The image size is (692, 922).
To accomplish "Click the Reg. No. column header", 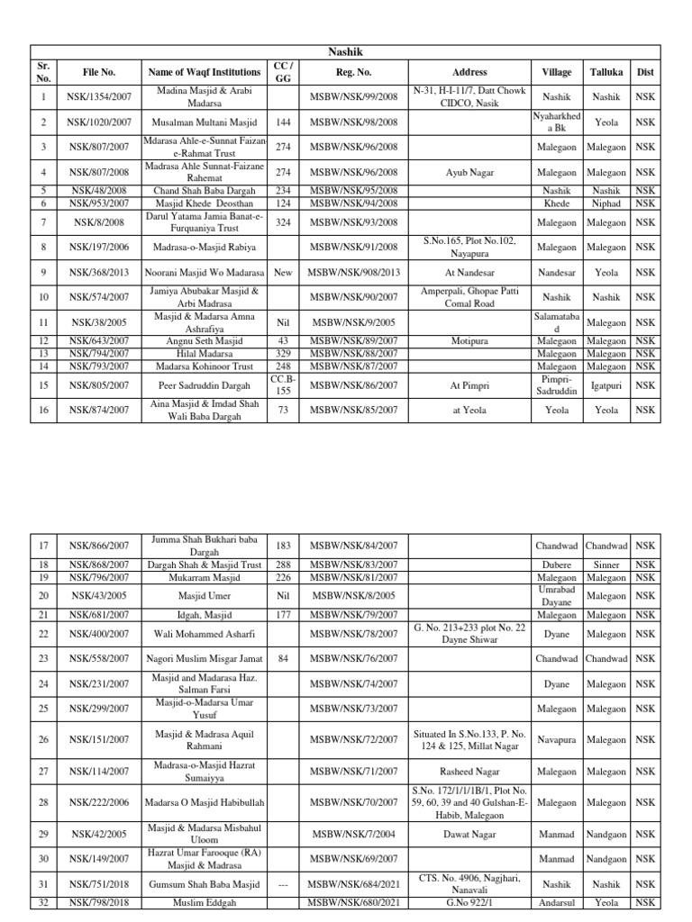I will coord(353,72).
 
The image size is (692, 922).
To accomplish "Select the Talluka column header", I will coord(607,72).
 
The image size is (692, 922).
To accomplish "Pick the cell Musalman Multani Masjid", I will coord(205,122).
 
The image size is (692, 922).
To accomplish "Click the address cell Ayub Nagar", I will coord(470,172).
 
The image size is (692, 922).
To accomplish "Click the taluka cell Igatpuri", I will coord(607,385).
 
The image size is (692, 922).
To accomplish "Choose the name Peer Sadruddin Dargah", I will coord(205,385).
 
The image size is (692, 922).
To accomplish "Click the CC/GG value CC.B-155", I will coord(283,385).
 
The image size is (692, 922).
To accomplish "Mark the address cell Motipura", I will coord(470,341).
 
